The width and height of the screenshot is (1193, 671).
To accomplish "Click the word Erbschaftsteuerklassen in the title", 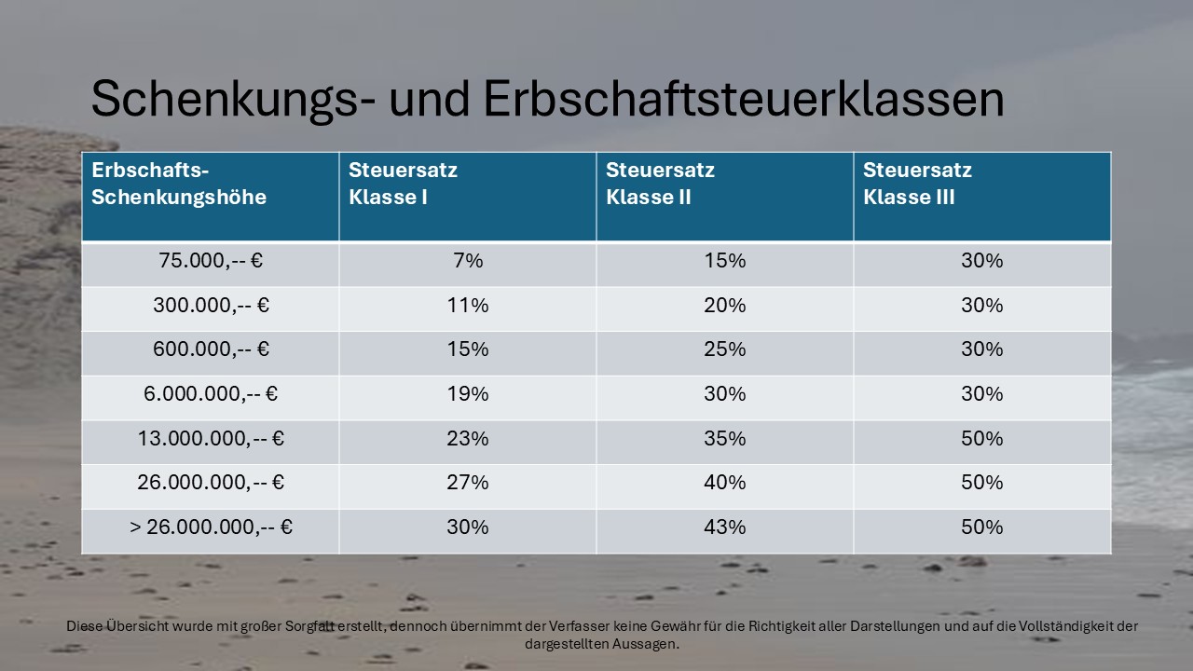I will (743, 100).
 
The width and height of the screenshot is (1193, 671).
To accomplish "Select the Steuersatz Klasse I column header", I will (403, 184).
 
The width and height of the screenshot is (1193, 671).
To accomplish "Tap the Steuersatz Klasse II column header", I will (660, 184).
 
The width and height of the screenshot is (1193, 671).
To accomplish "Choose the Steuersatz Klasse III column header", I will (917, 184).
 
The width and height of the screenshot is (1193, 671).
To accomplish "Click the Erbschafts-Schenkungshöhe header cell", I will (179, 184).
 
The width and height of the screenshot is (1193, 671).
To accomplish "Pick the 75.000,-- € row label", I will (211, 261).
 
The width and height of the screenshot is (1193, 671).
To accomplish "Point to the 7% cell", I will (468, 261).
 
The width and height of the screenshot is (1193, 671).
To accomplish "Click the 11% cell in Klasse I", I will (468, 306).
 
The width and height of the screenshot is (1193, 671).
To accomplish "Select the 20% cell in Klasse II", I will (725, 306).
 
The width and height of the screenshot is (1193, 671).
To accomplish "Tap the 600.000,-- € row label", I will (211, 349).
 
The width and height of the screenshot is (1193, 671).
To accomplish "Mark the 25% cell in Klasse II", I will (725, 349).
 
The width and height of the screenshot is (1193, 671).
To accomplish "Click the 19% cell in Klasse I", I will (468, 394).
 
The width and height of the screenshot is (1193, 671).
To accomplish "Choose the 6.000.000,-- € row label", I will (211, 394).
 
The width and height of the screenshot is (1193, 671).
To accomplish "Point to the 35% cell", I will (725, 439).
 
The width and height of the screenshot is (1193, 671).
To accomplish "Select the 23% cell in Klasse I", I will (468, 439).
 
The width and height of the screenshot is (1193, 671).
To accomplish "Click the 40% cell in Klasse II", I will (725, 483).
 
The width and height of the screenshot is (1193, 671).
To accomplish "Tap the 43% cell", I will (725, 527).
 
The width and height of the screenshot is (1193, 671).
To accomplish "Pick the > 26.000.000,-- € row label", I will (211, 527).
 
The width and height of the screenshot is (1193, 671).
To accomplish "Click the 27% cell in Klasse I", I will (468, 483).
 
